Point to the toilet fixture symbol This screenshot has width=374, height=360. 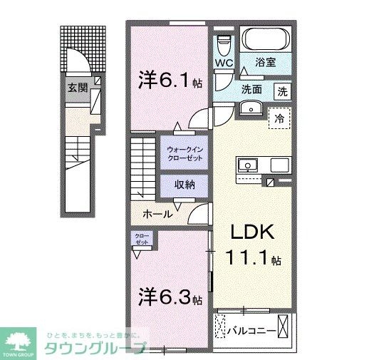pyautogui.click(x=224, y=44)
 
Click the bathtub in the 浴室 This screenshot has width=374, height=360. pyautogui.click(x=265, y=40)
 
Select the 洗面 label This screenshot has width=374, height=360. pyautogui.click(x=251, y=91)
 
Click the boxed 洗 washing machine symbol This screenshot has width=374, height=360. pyautogui.click(x=283, y=91)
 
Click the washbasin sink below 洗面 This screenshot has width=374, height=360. pyautogui.click(x=249, y=108)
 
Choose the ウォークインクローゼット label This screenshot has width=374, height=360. pyautogui.click(x=183, y=153)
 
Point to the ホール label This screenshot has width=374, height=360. pyautogui.click(x=157, y=213)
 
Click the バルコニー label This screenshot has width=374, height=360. pyautogui.click(x=248, y=329)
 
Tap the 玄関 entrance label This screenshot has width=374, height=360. pyautogui.click(x=78, y=88)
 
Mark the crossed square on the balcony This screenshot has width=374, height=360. pyautogui.click(x=284, y=329)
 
